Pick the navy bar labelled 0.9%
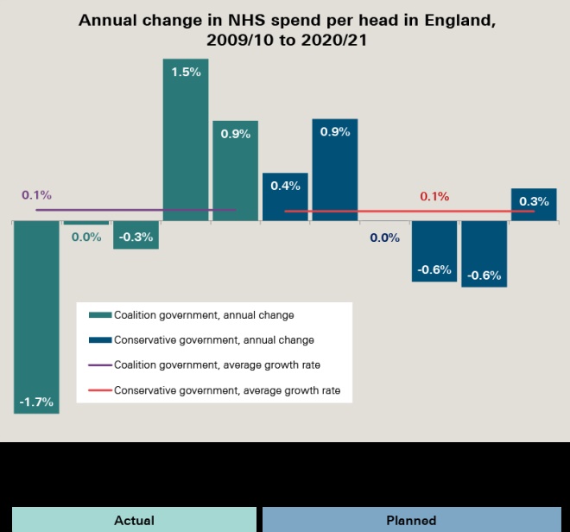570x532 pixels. [334, 169]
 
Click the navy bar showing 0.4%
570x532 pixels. [285, 197]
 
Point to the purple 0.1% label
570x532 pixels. [36, 195]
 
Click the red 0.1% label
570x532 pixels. [434, 197]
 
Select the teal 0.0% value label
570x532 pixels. [86, 237]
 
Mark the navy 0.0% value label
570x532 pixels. [384, 237]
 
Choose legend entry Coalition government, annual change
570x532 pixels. [204, 315]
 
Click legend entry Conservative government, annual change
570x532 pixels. [213, 340]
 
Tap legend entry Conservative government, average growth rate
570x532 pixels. [226, 390]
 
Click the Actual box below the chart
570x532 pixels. [134, 520]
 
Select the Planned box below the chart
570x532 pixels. [411, 520]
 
